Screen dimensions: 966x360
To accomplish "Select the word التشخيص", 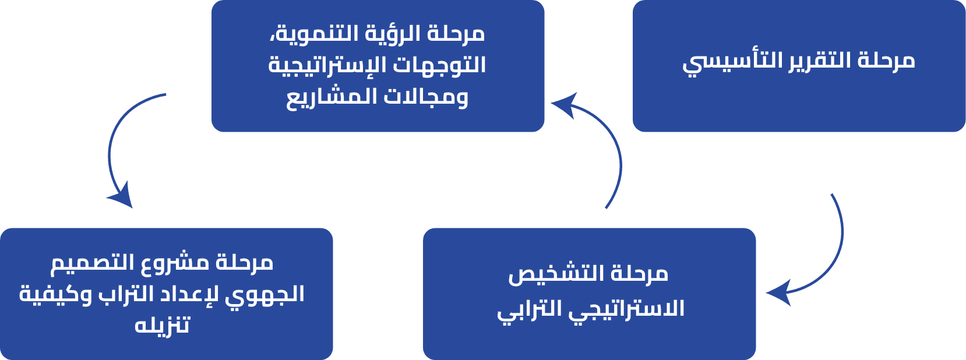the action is [x=556, y=273].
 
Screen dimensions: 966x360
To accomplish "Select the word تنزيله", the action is [x=163, y=325].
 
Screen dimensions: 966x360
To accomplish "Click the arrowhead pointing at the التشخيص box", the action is [x=778, y=293].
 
